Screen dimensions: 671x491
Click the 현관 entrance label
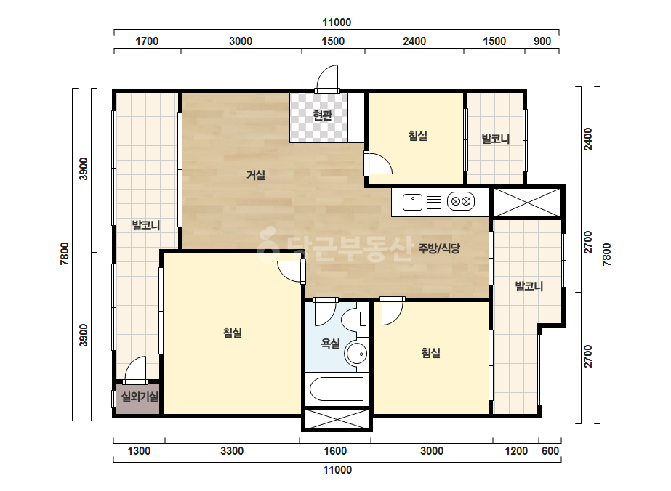[x=322, y=115]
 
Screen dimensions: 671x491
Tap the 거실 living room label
[x=255, y=174]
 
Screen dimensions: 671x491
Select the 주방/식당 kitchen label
[x=438, y=248]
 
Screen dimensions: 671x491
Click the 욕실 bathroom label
[x=330, y=343]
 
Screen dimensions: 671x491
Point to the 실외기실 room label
[x=140, y=397]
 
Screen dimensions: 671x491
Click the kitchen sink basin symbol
[x=412, y=203]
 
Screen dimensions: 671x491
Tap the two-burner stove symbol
[x=461, y=201]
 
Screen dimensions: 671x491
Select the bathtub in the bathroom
[x=337, y=389]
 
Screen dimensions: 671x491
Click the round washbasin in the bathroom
[x=356, y=354]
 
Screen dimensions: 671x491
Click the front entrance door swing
[x=327, y=78]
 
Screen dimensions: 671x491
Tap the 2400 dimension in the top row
[x=414, y=41]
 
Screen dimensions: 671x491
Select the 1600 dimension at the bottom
[x=335, y=451]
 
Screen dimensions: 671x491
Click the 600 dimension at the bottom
[x=550, y=451]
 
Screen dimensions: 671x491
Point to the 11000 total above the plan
[x=337, y=23]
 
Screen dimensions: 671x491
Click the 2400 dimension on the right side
[x=588, y=139]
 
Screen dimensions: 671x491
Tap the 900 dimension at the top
[x=542, y=41]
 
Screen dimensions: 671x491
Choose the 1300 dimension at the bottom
[x=139, y=451]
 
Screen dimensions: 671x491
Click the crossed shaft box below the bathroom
[x=337, y=419]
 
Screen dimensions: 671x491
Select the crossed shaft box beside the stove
[x=527, y=202]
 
